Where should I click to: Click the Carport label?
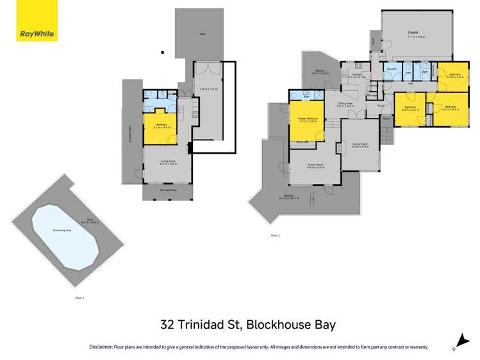coord(413,34)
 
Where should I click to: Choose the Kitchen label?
coord(357,74)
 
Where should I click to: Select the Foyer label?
coord(380,105)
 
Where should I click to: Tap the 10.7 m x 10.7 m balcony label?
coord(294,198)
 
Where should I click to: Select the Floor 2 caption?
coord(275,236)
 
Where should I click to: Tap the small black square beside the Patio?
coord(163,53)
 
